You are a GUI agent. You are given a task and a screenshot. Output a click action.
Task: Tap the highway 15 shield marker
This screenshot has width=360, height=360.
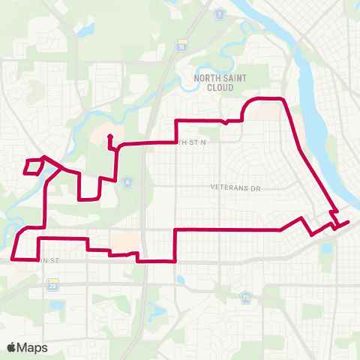pyautogui.click(x=181, y=46)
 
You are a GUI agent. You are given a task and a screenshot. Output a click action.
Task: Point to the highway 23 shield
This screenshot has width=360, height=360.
pyautogui.click(x=52, y=285)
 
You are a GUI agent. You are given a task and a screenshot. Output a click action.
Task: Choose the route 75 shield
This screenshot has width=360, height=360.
pyautogui.click(x=246, y=298)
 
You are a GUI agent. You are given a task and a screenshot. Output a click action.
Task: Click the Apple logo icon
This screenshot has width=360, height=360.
pyautogui.click(x=12, y=347)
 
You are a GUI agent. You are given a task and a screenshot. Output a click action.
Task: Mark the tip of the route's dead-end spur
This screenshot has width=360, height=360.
pyautogui.click(x=109, y=136)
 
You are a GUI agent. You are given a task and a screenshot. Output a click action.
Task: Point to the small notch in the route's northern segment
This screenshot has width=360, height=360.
pyautogui.click(x=226, y=121)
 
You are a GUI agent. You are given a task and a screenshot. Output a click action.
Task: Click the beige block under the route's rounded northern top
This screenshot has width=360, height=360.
pyautogui.click(x=264, y=110)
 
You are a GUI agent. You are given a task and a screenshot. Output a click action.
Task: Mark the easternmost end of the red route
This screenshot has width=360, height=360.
pyautogui.click(x=349, y=221)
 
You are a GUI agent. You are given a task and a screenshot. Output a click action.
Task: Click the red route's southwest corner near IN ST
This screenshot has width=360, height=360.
pyautogui.click(x=13, y=258)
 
